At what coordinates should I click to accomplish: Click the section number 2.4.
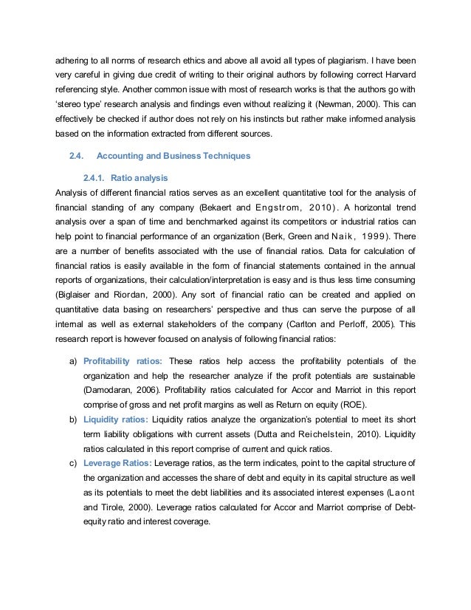77,156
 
